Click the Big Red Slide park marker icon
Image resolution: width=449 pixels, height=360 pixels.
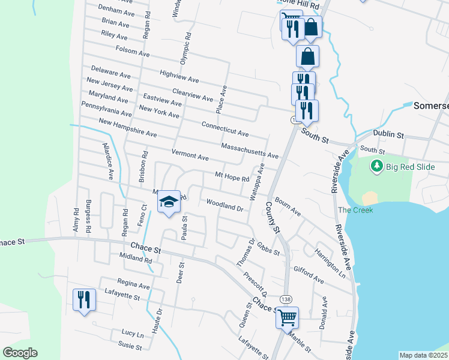coord(377,165)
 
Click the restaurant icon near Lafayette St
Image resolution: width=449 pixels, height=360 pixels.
coord(84,299)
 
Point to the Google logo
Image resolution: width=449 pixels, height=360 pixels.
coord(20,353)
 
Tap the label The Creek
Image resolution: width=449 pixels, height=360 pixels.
coord(355,210)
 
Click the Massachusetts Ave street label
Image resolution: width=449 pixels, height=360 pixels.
coord(250,151)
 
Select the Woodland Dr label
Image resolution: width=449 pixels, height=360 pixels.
coord(224,206)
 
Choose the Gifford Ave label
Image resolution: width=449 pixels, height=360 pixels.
coord(309,275)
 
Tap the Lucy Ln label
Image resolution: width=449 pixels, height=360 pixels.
coord(133,333)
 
